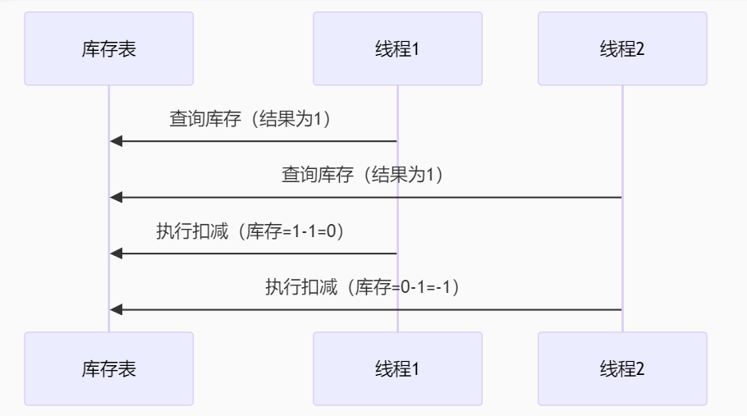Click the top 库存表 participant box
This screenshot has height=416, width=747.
click(x=109, y=48)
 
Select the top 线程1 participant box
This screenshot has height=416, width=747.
click(x=397, y=48)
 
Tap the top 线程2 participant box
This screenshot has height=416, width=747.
click(x=622, y=48)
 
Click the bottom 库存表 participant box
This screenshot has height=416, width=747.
click(x=109, y=368)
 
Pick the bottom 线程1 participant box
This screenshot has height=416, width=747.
click(x=397, y=368)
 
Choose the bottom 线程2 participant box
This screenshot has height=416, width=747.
click(x=622, y=368)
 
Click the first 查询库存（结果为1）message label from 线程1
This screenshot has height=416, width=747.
click(x=250, y=119)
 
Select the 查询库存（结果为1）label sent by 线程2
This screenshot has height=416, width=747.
click(x=362, y=175)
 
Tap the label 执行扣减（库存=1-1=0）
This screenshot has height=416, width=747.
click(x=250, y=231)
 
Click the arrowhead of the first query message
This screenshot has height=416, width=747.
click(x=116, y=141)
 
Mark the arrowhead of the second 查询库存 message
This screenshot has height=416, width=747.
click(x=116, y=197)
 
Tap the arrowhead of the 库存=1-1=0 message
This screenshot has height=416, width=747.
click(x=116, y=253)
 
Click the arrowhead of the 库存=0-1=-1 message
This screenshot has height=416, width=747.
click(x=116, y=309)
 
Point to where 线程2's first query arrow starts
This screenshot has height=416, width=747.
click(x=621, y=197)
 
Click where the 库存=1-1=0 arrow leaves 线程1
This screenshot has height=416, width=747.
click(x=396, y=253)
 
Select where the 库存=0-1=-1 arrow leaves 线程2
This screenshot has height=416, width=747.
click(x=621, y=309)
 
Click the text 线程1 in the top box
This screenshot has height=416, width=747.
click(x=397, y=49)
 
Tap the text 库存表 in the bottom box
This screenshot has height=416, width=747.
click(x=109, y=369)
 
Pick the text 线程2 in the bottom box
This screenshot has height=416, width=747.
click(x=622, y=369)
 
